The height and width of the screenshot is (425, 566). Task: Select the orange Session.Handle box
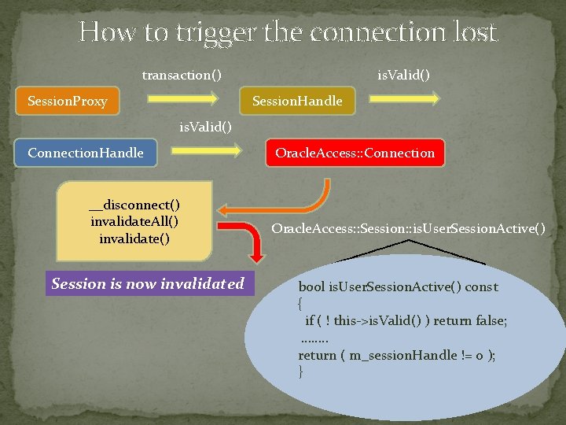tap(297, 100)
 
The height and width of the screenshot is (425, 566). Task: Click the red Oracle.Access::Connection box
tap(355, 153)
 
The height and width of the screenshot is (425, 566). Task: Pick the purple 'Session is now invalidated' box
tap(148, 283)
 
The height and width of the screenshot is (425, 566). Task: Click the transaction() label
tap(182, 75)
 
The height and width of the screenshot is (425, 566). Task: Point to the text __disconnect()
tap(134, 205)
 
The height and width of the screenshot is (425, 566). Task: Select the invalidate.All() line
tap(134, 221)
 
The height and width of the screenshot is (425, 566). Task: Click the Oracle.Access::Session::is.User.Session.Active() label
tap(407, 228)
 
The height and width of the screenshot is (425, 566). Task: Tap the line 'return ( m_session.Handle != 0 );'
tap(396, 355)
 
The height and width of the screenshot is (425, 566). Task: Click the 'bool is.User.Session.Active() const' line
tap(398, 286)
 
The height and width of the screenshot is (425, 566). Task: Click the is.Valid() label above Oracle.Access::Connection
tap(206, 126)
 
